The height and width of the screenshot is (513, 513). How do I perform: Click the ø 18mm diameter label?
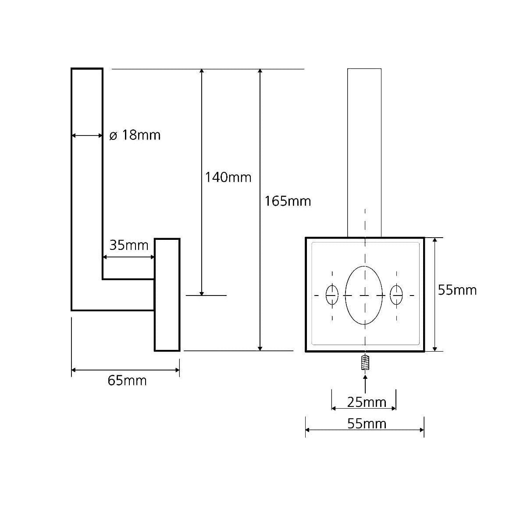(135, 135)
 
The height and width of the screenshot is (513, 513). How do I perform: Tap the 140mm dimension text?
(228, 177)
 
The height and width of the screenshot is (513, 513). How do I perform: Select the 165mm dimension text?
(288, 201)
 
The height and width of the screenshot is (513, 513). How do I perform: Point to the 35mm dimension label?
(128, 245)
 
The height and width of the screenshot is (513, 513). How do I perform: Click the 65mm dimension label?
(127, 381)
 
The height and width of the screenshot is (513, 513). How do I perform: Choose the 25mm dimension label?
(367, 402)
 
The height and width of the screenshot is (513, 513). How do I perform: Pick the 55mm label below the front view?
(367, 424)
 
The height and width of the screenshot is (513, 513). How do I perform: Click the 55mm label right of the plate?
(457, 290)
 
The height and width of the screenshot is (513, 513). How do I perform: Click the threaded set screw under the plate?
(365, 363)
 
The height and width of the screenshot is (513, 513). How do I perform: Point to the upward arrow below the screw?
(365, 384)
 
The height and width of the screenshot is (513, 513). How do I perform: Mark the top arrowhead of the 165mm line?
(260, 71)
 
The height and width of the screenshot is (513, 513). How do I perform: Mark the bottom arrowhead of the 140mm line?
(202, 292)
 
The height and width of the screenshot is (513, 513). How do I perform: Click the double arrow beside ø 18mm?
(87, 135)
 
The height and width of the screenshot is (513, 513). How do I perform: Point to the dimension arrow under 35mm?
(128, 257)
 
